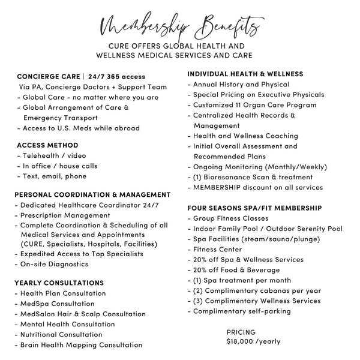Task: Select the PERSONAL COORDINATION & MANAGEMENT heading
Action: pos(92,195)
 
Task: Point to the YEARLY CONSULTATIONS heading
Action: pos(60,283)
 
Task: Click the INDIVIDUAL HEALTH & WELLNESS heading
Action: pos(245,74)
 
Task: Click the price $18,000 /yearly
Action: pos(253,341)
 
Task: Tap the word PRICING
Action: pos(241,332)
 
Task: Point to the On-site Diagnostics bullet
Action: pos(54,264)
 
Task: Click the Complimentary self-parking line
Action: pos(245,311)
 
